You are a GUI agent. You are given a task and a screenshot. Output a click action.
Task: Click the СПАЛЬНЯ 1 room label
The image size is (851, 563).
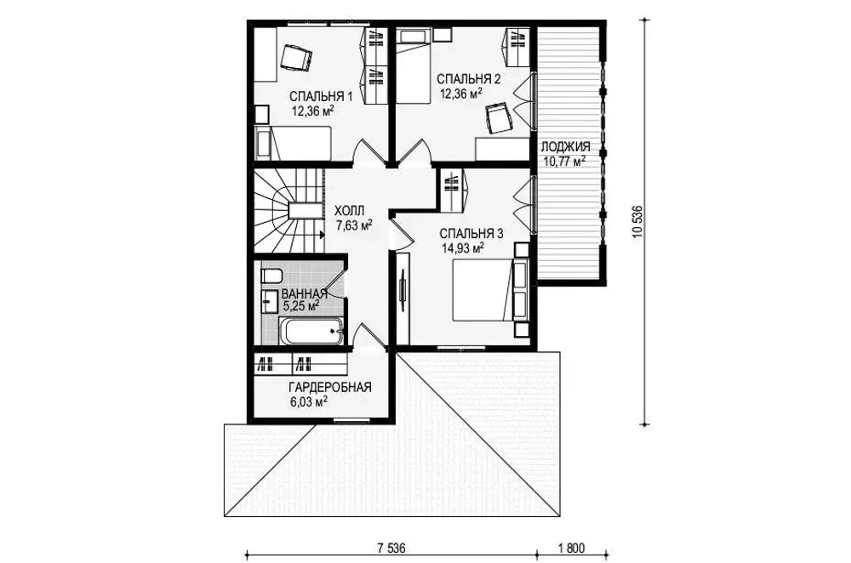point(321,97)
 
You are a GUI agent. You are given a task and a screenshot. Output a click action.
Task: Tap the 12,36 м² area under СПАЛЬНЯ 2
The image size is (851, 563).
point(461,94)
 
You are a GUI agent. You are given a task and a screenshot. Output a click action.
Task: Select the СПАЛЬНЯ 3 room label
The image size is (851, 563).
point(471,234)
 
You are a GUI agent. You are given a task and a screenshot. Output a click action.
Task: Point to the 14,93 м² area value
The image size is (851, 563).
point(462,248)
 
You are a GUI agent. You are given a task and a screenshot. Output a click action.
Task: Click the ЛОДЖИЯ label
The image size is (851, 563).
point(564,146)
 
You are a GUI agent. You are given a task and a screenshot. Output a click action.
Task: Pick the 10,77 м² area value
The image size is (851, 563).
point(564,161)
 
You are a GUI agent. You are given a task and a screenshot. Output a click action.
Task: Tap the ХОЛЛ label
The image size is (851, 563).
point(350,210)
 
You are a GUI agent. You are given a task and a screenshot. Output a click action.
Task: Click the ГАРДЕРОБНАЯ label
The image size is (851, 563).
point(330,387)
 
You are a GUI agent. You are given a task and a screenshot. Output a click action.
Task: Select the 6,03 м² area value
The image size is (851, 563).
point(309,402)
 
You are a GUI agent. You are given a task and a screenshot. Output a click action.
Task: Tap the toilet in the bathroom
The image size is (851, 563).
point(271,276)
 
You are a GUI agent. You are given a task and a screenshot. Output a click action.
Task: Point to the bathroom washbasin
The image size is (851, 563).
point(269,301)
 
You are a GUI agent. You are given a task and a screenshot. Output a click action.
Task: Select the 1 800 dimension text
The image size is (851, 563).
point(571,548)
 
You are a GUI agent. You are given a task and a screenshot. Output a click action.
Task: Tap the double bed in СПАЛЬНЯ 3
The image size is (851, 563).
point(483,290)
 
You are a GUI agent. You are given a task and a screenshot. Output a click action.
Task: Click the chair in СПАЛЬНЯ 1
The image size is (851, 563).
point(296,58)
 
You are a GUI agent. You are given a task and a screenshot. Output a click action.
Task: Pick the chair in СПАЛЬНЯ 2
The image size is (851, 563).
point(497,118)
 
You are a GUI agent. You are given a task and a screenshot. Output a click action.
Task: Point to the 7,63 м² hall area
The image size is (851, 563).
point(354,225)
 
